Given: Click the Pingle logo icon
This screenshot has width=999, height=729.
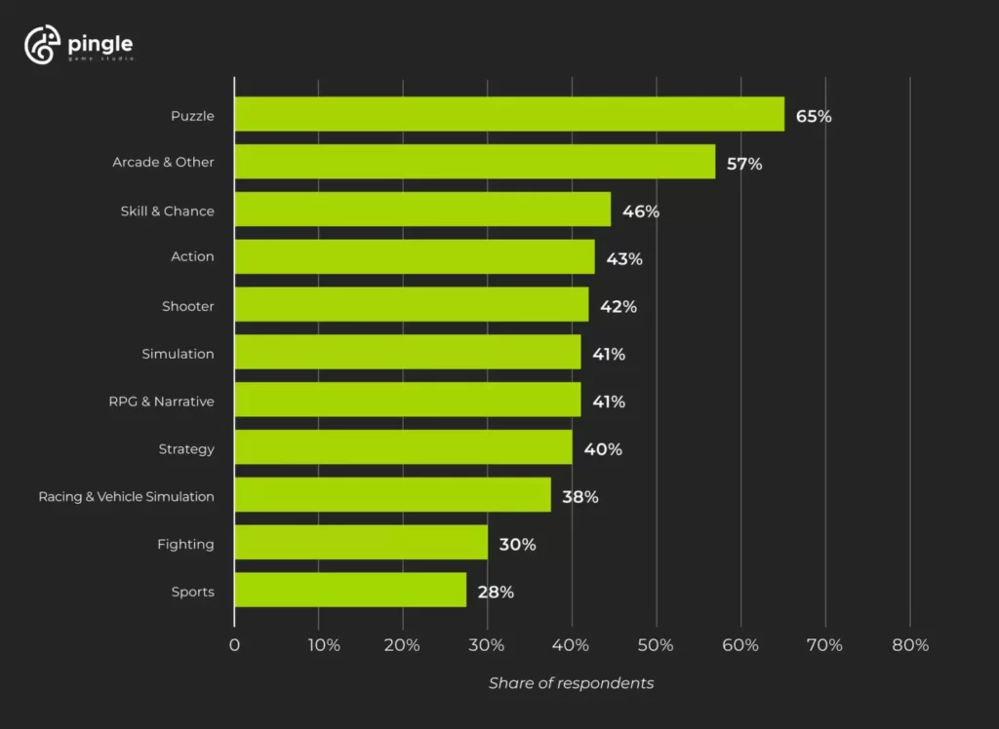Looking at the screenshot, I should pos(43,46).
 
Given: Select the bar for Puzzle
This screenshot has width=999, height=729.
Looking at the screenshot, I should pos(509,114).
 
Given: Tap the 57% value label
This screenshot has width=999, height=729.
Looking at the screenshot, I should pos(744,164).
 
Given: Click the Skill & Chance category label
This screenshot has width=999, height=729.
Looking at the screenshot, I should pos(167,211).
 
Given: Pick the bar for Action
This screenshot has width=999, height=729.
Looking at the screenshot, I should pos(415,257).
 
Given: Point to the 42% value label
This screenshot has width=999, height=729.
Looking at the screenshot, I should pos(619,306).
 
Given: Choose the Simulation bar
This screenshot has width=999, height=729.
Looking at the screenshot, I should pos(408,352).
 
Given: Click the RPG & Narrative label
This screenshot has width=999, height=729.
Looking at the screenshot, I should pos(161,401).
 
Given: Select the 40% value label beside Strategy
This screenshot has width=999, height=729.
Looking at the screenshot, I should pos(603,449).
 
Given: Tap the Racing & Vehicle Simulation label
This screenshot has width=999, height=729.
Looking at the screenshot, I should pos(126,496).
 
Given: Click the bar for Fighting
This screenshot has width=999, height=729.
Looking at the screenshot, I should pos(361,543).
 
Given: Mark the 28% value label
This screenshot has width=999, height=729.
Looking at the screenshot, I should pos(496,592).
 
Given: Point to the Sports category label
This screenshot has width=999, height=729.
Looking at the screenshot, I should pos(192,592).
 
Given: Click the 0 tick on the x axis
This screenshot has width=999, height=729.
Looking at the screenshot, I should pos(234,645).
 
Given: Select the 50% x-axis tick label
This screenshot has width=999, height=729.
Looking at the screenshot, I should pos(656,645).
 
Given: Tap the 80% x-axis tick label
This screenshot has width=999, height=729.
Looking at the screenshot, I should pos(909,645).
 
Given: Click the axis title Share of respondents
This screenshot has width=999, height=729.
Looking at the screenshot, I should pos(571,683).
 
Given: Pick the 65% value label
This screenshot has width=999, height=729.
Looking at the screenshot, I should pos(814,116).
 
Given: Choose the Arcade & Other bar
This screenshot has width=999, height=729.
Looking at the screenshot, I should pos(475,162).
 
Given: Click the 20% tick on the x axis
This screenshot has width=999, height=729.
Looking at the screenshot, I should pos(402,645).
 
